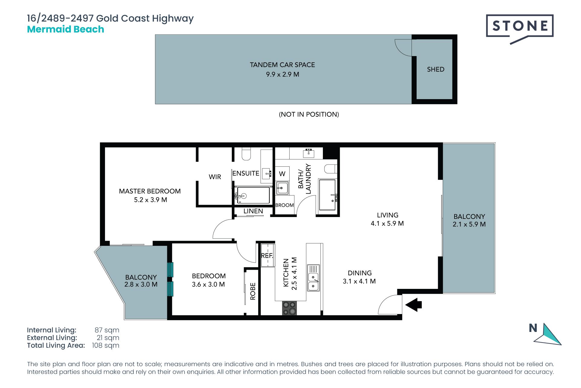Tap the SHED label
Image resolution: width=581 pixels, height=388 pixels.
(x=435, y=69)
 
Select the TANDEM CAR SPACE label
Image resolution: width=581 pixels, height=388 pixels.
(x=282, y=65)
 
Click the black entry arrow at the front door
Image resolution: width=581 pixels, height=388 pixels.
(x=413, y=305)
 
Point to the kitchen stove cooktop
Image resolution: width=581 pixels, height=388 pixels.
(x=289, y=308)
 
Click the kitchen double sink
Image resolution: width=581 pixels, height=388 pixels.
(x=313, y=278)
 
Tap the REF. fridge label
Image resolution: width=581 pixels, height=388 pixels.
(x=267, y=256)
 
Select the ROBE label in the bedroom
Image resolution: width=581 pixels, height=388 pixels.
(x=253, y=291)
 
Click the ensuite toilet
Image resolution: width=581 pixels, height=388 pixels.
(x=246, y=154)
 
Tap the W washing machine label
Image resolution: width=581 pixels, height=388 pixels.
(x=282, y=174)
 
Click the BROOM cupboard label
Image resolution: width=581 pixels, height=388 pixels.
(x=284, y=205)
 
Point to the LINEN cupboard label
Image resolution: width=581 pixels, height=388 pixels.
(x=253, y=211)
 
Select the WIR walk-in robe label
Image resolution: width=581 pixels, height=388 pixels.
(x=215, y=177)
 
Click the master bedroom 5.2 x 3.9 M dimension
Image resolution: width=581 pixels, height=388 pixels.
(x=150, y=200)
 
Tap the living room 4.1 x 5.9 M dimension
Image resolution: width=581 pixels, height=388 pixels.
(x=387, y=223)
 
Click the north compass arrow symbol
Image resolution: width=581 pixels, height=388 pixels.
(x=548, y=335)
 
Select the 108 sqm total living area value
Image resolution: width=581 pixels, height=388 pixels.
(x=106, y=346)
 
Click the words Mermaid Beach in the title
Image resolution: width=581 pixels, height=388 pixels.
(x=66, y=29)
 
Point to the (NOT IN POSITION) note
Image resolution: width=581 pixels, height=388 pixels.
(x=309, y=114)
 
